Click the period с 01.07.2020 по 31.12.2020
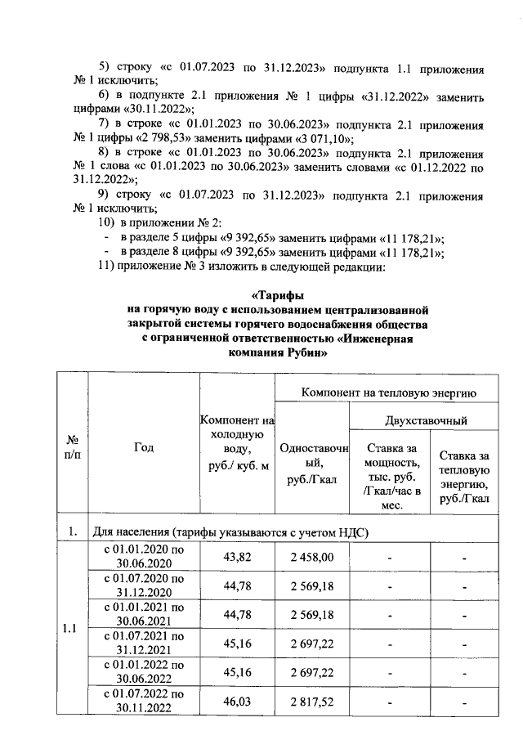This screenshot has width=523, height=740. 143,585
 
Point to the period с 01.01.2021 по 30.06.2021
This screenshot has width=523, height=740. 143,615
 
